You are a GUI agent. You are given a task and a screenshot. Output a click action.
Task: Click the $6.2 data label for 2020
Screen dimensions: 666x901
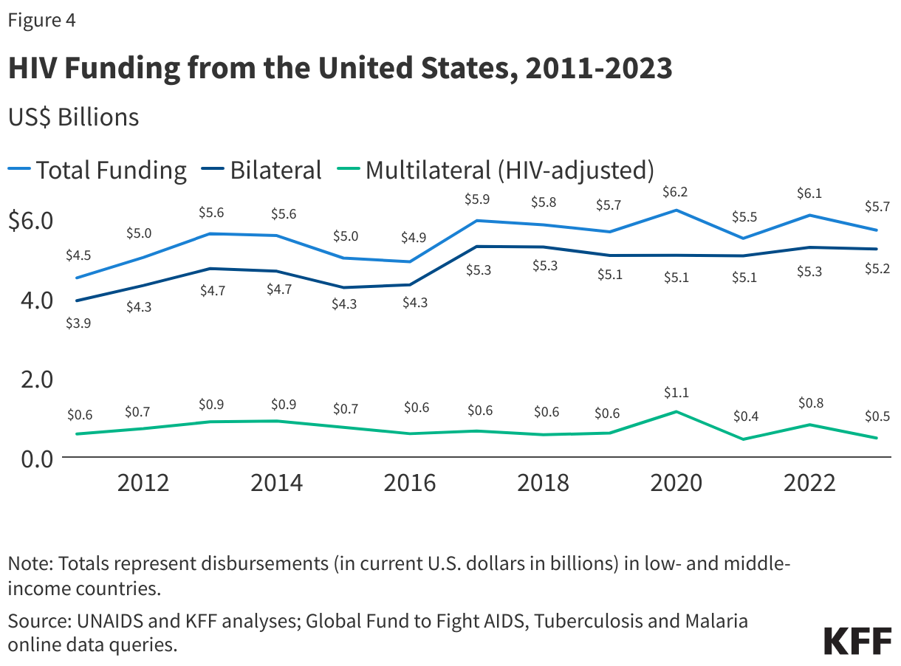point(675,191)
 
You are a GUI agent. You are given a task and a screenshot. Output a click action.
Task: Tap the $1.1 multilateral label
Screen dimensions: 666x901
point(675,392)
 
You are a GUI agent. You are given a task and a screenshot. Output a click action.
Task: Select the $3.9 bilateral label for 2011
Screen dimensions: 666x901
point(78,323)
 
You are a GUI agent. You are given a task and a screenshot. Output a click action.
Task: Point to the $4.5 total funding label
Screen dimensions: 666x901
point(78,255)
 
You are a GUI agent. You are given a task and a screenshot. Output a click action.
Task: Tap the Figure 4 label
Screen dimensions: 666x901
point(41,21)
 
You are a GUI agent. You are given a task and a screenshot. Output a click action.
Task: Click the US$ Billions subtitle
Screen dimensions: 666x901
point(73,117)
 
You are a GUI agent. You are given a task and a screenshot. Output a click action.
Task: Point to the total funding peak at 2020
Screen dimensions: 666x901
point(675,210)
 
